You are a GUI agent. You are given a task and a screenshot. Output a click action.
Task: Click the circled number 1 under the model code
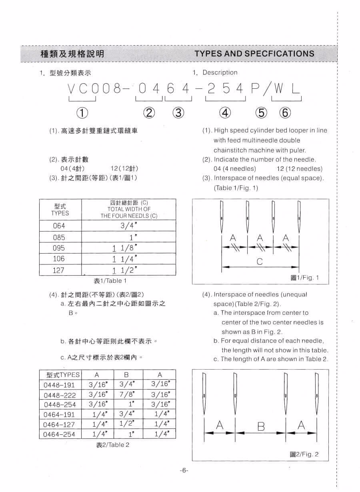coord(82,113)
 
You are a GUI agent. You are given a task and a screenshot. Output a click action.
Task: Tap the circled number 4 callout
coord(225,113)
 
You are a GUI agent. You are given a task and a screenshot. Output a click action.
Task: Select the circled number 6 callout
coord(285,113)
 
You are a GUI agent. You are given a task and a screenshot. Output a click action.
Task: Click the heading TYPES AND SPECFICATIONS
coord(254,54)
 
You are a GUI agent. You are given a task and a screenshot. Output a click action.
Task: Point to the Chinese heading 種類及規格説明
coord(72,54)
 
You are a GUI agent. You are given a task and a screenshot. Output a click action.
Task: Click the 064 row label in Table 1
coord(59,226)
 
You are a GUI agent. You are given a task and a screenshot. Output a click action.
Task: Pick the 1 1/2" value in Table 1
coord(125,270)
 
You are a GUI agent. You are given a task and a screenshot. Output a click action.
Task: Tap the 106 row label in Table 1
coord(59,259)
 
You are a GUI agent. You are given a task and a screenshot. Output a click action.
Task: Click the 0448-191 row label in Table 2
coord(60,385)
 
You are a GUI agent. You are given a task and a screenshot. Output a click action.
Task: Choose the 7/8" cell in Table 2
coord(127,395)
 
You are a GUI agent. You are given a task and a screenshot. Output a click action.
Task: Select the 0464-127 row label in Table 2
coord(60,424)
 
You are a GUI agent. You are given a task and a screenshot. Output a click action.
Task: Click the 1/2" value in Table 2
coord(127,424)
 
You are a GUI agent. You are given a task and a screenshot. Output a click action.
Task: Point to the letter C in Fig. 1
coord(260,262)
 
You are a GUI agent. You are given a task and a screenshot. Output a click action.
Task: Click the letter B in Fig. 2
coord(261,426)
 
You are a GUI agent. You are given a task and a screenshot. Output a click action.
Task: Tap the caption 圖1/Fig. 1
coord(305,278)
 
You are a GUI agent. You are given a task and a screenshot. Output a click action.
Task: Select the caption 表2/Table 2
coord(113,445)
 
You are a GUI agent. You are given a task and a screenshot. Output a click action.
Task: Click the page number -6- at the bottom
coord(184,470)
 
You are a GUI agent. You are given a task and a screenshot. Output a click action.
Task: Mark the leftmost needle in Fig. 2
coord(204,396)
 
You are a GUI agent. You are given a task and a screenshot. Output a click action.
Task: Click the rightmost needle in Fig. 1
coord(299,216)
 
